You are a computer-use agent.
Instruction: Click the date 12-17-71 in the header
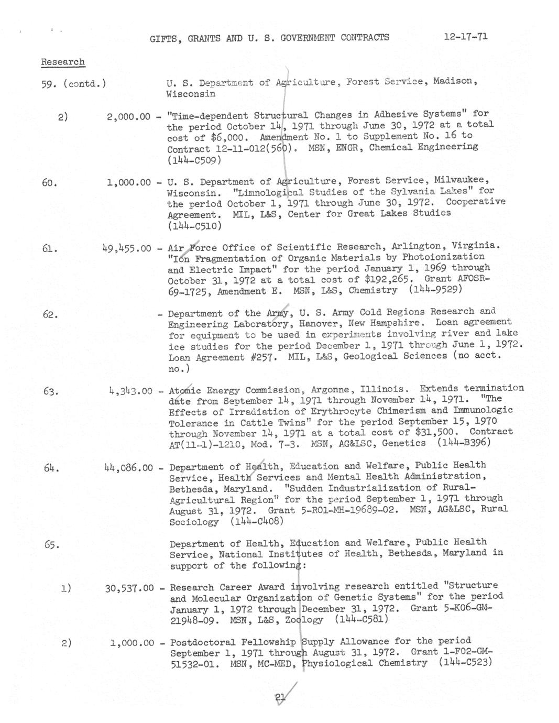click(465, 37)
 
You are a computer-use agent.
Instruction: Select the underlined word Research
click(63, 62)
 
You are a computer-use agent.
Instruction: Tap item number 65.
click(51, 544)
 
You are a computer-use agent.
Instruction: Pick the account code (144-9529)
click(437, 290)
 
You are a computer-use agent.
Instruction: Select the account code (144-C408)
click(257, 521)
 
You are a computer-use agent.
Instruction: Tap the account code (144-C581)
click(361, 619)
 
